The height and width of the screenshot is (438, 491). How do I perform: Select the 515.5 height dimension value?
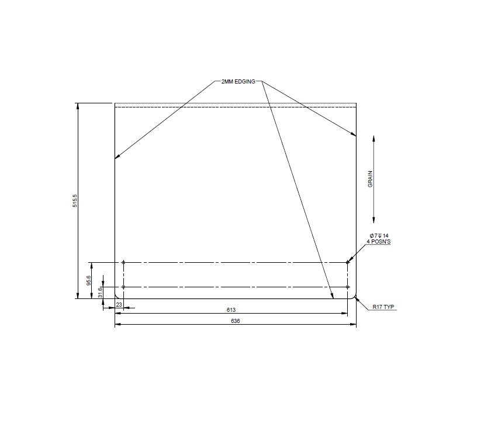(x=75, y=201)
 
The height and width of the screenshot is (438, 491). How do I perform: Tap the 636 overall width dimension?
(x=236, y=321)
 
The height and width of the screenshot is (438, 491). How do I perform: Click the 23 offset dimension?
(x=119, y=305)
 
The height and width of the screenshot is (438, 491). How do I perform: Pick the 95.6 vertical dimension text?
(x=89, y=280)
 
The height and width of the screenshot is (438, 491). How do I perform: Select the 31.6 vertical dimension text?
(x=101, y=293)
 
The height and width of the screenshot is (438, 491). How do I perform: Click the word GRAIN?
(x=370, y=179)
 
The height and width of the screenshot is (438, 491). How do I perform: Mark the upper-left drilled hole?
(x=123, y=262)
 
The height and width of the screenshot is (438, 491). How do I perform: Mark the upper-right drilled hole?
(x=348, y=262)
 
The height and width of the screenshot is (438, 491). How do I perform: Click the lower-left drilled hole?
(x=123, y=287)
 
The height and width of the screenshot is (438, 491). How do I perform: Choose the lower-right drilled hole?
(x=348, y=287)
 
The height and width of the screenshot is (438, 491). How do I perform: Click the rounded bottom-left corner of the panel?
(x=117, y=297)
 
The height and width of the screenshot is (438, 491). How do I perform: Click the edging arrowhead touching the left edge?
(x=117, y=157)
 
